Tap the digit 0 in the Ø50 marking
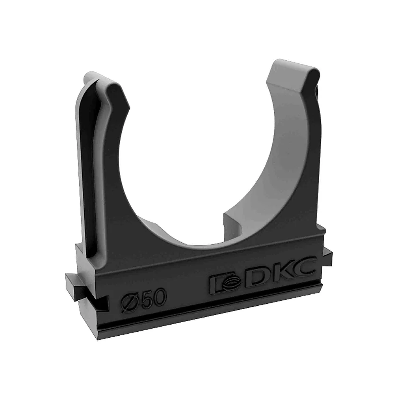click(x=159, y=297)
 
